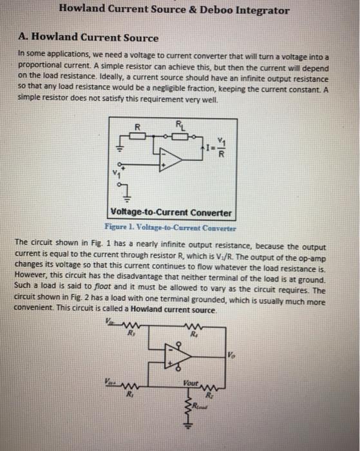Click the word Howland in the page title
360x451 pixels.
[86, 10]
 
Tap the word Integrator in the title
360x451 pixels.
[258, 10]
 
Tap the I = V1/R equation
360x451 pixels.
[218, 152]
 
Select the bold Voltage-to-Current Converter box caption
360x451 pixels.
[170, 213]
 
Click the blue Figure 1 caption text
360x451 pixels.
[170, 227]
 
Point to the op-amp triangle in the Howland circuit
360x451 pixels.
[178, 356]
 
